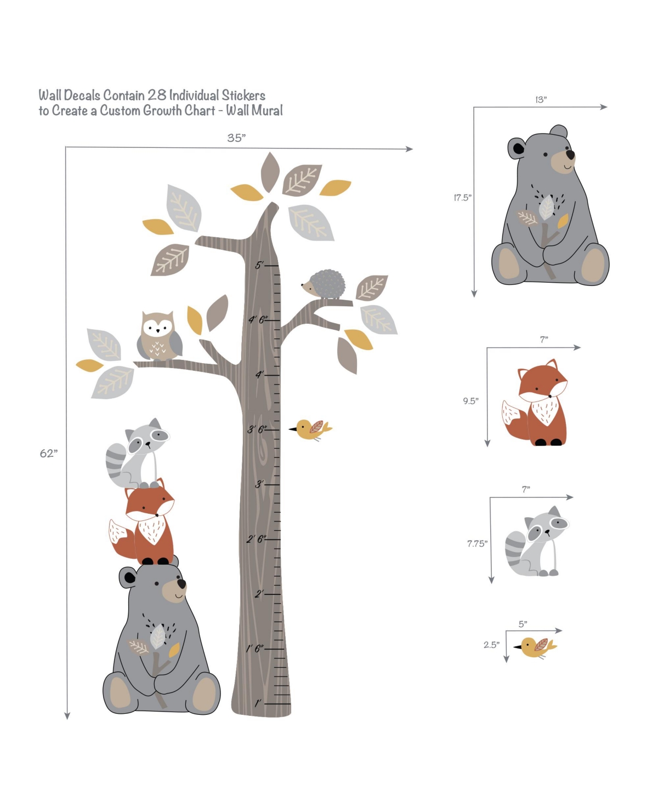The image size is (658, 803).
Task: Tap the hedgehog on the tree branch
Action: (324, 284)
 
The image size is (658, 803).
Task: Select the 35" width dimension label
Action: (236, 137)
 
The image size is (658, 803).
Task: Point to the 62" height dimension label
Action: (48, 453)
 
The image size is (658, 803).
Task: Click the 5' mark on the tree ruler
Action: (259, 265)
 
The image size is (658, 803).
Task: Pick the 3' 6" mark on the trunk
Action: (257, 429)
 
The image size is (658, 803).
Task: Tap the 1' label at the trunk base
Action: (258, 702)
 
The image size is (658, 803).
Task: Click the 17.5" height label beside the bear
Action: (462, 197)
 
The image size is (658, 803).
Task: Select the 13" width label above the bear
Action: (541, 99)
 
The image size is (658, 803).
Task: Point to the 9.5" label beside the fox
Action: (471, 400)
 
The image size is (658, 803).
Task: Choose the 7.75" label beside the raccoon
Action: (477, 543)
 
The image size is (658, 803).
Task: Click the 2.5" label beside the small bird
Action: (491, 645)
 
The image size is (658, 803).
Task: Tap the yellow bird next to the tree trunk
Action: (310, 429)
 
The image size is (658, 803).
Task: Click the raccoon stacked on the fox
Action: (137, 453)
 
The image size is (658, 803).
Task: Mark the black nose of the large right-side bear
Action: (570, 154)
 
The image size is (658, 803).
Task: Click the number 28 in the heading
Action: (157, 95)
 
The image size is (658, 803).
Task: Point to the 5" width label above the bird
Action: (523, 624)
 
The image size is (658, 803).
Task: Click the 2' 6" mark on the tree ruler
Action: (257, 539)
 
